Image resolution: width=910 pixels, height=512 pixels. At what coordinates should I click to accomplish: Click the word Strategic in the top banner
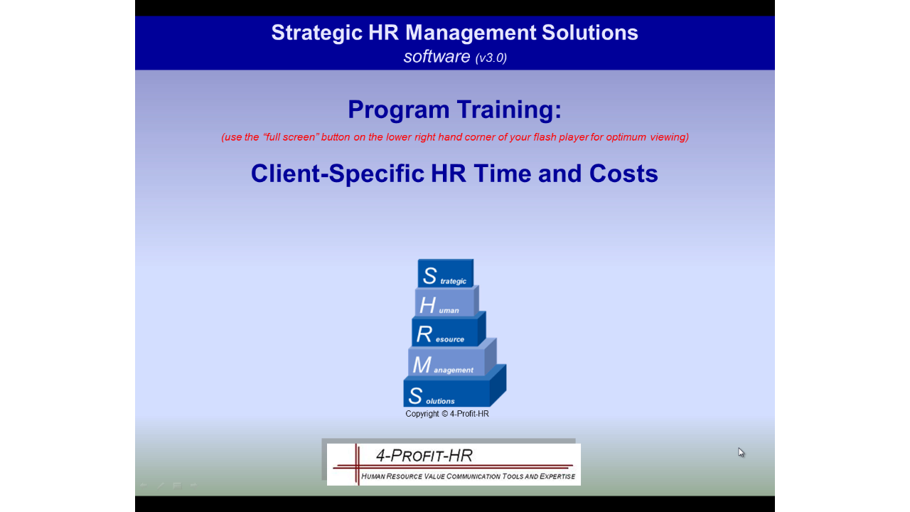[316, 33]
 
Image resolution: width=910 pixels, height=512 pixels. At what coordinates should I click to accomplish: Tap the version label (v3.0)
[491, 58]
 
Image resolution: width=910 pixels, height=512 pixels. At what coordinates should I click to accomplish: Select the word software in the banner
[437, 56]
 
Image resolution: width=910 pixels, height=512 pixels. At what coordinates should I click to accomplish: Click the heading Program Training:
[454, 110]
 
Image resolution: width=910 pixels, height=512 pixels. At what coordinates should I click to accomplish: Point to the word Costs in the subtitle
[623, 174]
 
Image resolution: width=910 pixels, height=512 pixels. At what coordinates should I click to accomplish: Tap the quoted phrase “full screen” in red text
[291, 137]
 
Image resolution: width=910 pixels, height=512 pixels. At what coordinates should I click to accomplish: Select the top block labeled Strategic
[445, 273]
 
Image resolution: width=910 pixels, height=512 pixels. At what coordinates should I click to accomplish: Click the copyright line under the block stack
[447, 414]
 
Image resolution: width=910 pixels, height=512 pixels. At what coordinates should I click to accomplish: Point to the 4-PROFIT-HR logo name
[424, 456]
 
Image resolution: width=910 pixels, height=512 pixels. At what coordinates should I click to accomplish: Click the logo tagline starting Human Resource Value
[468, 476]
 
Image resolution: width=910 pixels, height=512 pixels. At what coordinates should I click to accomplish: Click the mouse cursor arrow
[741, 452]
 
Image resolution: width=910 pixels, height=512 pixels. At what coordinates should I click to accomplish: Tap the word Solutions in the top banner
[590, 33]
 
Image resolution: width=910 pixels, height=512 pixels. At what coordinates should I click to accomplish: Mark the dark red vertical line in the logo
[357, 464]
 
